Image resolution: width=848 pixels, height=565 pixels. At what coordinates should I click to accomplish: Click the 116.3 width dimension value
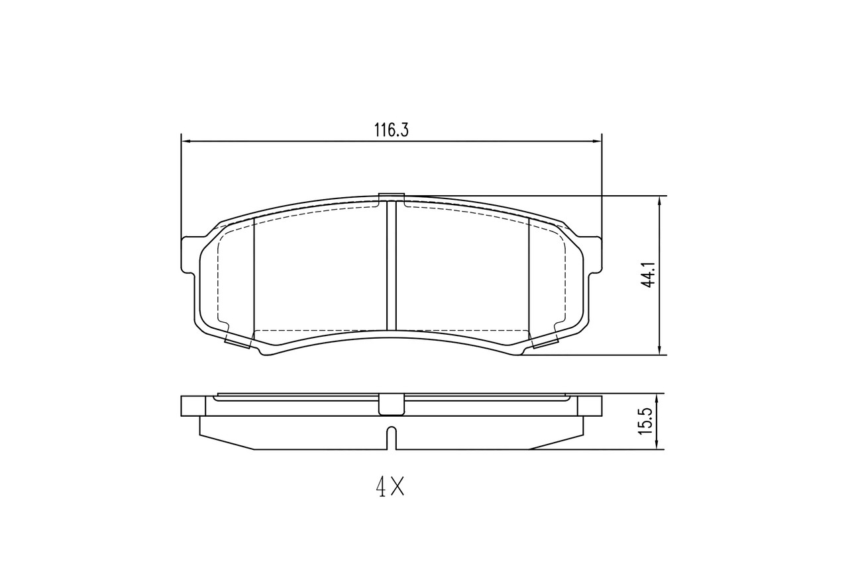click(391, 130)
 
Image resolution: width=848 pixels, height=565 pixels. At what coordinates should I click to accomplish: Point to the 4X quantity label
click(390, 488)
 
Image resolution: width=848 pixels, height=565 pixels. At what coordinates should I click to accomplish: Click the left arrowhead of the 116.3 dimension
click(186, 141)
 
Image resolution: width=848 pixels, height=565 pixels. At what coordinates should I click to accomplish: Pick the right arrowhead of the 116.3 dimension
click(596, 141)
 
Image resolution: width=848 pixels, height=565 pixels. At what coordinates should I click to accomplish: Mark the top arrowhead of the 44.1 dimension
click(659, 201)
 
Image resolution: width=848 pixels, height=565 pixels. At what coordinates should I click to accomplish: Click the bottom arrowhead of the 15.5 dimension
click(656, 445)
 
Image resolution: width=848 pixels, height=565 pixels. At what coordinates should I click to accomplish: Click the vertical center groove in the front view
click(391, 265)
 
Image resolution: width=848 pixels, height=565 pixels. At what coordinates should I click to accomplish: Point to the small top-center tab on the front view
click(391, 196)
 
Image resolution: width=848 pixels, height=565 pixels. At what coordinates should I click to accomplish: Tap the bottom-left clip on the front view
click(238, 340)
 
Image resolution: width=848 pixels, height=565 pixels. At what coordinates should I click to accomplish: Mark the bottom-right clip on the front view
click(545, 340)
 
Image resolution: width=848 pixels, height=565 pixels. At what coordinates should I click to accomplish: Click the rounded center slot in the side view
click(391, 437)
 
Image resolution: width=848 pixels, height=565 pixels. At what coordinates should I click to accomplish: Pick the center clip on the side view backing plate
click(391, 404)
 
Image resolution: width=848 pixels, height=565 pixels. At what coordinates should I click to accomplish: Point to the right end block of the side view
click(590, 406)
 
